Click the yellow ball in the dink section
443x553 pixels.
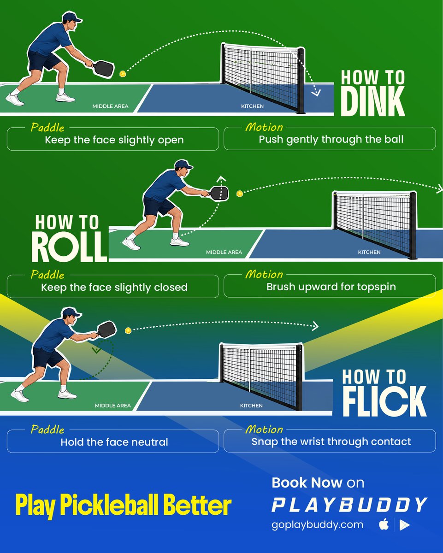coord(123,74)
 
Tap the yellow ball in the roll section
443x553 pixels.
coord(240,194)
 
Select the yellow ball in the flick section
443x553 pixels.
coord(128,330)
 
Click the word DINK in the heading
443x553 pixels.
coord(373,101)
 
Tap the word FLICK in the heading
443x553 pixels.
coord(384,401)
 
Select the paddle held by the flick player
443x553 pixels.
coord(106,330)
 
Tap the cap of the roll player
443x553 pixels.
coord(183,164)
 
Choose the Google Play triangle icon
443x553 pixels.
coord(404,525)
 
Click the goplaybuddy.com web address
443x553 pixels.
coord(317,525)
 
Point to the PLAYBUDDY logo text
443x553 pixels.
coord(349,505)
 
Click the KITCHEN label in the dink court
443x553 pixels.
coord(252,106)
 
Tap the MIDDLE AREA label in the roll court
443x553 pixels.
coord(224,253)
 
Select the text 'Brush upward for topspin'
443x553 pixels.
coord(331,287)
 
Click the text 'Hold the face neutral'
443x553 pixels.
coord(114,442)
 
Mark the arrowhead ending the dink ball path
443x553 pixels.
coord(316,93)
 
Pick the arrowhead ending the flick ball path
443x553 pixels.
coord(315,326)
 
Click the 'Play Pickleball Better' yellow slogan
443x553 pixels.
coord(124,505)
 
